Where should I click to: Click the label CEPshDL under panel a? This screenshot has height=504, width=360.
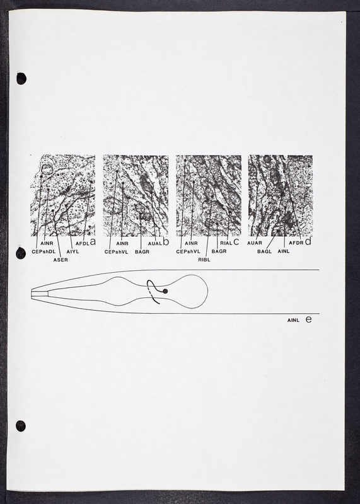(44, 251)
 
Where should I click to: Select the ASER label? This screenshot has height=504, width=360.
(61, 260)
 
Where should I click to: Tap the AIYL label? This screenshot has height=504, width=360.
(73, 251)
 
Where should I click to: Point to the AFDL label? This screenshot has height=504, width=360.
(83, 244)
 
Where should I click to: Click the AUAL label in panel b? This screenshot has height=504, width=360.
(154, 244)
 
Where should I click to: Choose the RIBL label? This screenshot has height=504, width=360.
(204, 260)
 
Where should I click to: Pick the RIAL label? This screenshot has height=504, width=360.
(226, 243)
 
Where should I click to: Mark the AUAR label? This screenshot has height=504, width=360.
(255, 243)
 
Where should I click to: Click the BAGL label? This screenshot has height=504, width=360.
(264, 251)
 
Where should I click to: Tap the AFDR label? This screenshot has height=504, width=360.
(296, 243)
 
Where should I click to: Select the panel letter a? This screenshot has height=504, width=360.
(93, 242)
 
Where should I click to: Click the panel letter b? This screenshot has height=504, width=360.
(166, 242)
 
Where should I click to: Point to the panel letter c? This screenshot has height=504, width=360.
(236, 242)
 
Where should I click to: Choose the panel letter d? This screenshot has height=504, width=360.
(308, 241)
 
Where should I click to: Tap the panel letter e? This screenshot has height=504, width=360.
(308, 319)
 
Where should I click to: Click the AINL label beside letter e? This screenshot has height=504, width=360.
(293, 321)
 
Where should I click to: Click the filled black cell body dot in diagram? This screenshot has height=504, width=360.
(165, 291)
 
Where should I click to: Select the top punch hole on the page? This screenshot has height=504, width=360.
(21, 79)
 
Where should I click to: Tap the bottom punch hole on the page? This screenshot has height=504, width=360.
(21, 426)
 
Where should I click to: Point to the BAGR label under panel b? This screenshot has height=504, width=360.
(142, 251)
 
